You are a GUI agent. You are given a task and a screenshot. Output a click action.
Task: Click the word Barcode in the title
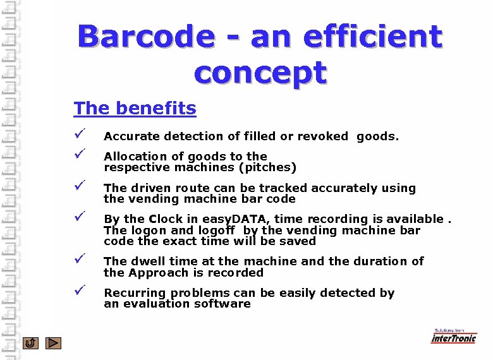pyautogui.click(x=145, y=37)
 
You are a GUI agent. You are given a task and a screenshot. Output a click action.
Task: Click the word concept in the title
pyautogui.click(x=260, y=73)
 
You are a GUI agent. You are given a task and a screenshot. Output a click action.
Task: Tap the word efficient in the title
pyautogui.click(x=372, y=37)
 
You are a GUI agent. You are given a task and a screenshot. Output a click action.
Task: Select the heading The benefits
pyautogui.click(x=135, y=109)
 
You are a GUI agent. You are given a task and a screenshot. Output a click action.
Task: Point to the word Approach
pyautogui.click(x=156, y=273)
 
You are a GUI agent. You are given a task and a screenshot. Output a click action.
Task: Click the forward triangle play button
pyautogui.click(x=54, y=343)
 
